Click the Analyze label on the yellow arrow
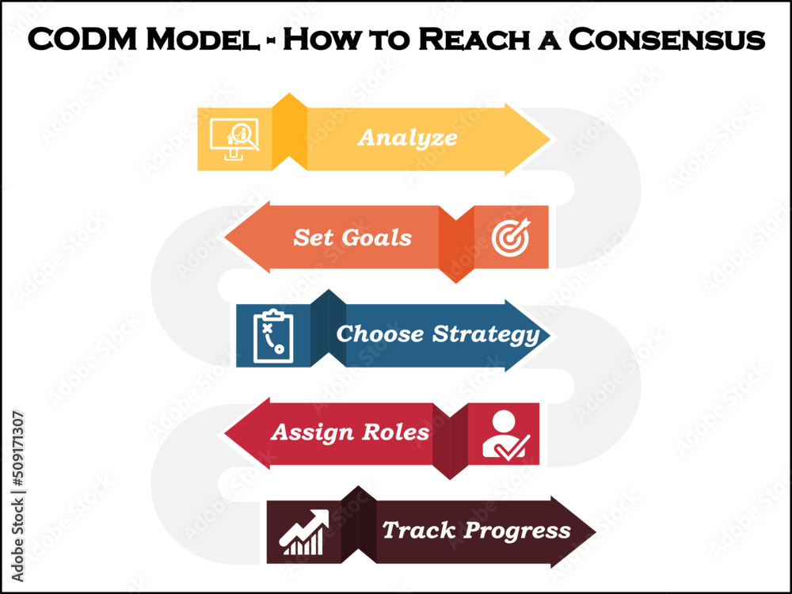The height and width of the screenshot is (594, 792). pos(407,137)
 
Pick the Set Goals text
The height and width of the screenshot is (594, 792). pos(352,237)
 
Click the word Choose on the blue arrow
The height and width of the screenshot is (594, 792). pos(380,333)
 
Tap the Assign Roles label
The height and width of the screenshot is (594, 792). pos(349,432)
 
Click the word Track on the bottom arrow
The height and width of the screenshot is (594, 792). pos(418,530)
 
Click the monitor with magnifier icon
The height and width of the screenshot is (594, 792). pos(234,139)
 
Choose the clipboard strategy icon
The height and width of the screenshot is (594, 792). pos(273,336)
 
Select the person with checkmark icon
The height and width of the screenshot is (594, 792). pos(505,435)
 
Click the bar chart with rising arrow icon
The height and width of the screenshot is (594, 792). pos(304,532)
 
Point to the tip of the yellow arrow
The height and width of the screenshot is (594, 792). pos(548,139)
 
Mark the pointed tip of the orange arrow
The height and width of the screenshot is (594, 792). pos(227,238)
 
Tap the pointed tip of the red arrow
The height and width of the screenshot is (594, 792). pos(227,433)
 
